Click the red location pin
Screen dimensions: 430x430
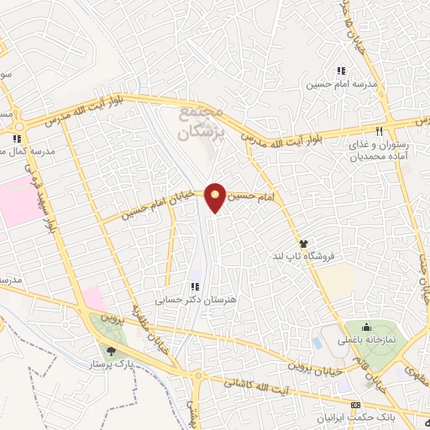tap(217, 197)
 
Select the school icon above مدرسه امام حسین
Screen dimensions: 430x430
tap(341, 71)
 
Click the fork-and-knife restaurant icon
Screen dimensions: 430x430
tap(380, 131)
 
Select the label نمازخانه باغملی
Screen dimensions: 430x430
tap(371, 340)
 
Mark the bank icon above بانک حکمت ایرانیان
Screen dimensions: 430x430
tap(354, 404)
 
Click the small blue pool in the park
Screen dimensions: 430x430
tap(318, 343)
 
